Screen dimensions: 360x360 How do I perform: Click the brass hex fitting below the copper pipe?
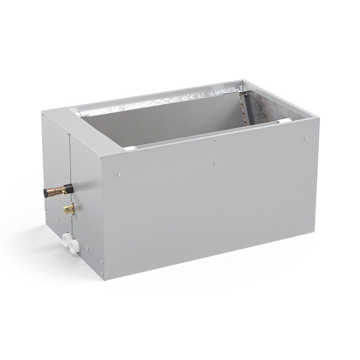coord(68,209)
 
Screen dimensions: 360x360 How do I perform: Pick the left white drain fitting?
coord(67,239)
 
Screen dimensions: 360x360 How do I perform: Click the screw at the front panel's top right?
coord(306,138)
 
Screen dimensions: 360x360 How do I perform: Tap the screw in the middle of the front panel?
coord(215,162)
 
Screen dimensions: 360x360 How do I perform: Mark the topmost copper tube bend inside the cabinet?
coord(242,96)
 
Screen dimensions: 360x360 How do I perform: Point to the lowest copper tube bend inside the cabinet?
coord(246,123)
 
